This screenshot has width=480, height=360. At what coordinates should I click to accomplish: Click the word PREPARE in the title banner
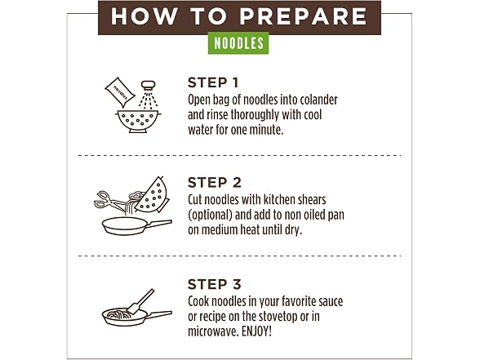point(303,16)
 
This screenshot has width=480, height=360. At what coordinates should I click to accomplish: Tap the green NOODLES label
point(238,43)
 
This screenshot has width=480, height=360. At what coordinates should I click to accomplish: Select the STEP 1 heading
point(213,82)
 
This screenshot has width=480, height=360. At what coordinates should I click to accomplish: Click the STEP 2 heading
point(215,183)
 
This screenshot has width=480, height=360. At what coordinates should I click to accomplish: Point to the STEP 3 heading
point(215,284)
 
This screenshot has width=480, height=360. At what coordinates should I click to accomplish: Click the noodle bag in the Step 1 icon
point(120,91)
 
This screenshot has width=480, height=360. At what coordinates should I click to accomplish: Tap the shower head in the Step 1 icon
point(149,85)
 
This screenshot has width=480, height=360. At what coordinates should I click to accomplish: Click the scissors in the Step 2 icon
point(109,200)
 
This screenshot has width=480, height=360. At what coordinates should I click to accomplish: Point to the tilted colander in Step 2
point(153,195)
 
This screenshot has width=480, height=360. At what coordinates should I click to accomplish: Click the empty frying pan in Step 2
point(136,226)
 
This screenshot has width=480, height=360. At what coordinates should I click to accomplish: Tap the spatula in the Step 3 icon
point(140,302)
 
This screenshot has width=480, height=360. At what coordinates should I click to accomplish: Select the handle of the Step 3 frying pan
point(158,314)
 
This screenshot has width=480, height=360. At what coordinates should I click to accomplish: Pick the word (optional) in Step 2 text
point(211,215)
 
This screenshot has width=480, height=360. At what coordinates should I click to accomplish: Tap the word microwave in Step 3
point(213,331)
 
